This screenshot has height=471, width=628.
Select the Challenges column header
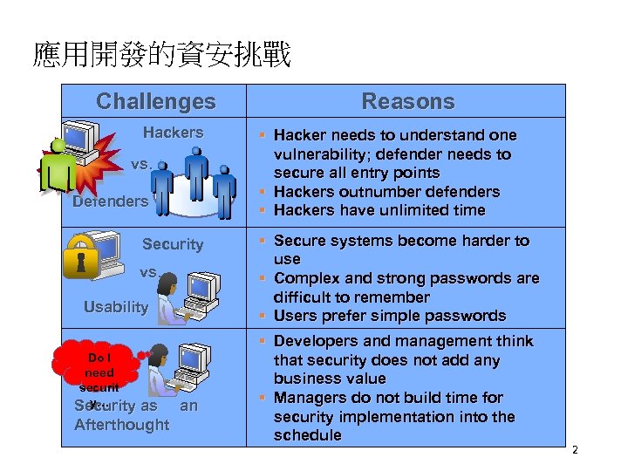tap(155, 101)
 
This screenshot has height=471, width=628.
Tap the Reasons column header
tap(407, 101)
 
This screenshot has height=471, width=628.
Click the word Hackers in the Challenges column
tap(173, 133)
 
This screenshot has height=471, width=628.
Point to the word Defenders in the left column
tap(110, 201)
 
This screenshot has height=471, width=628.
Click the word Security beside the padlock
tap(172, 244)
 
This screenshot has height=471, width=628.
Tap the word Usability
tap(116, 307)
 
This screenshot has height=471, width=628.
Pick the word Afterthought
tap(121, 425)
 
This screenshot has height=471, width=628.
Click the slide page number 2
tap(574, 450)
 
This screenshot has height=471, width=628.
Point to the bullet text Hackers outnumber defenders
tap(386, 192)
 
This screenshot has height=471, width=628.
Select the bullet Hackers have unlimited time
tap(379, 210)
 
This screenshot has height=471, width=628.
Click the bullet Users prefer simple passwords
tap(389, 316)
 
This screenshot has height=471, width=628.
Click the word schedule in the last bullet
tap(307, 435)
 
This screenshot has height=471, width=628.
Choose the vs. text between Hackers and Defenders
tap(141, 164)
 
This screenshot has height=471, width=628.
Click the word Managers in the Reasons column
tap(309, 398)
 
